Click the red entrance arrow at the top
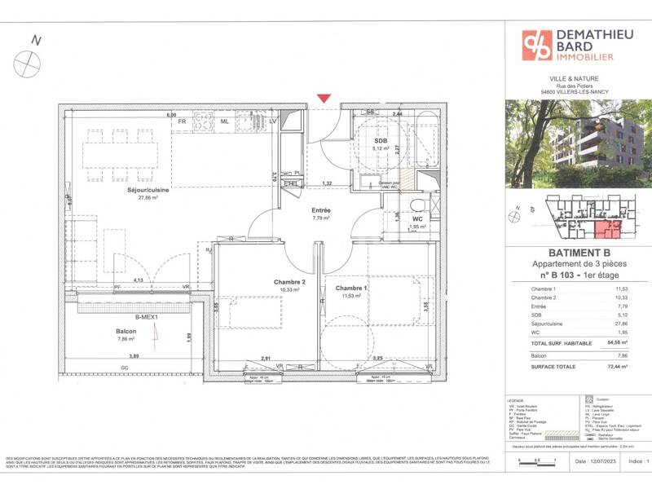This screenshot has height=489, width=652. point(324,98)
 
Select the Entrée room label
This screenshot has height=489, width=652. point(320,209)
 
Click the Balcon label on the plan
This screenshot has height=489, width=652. point(125,333)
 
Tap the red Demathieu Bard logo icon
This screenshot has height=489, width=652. point(537,46)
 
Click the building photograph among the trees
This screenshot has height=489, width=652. point(577,144)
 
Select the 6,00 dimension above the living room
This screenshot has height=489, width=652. point(172,115)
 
